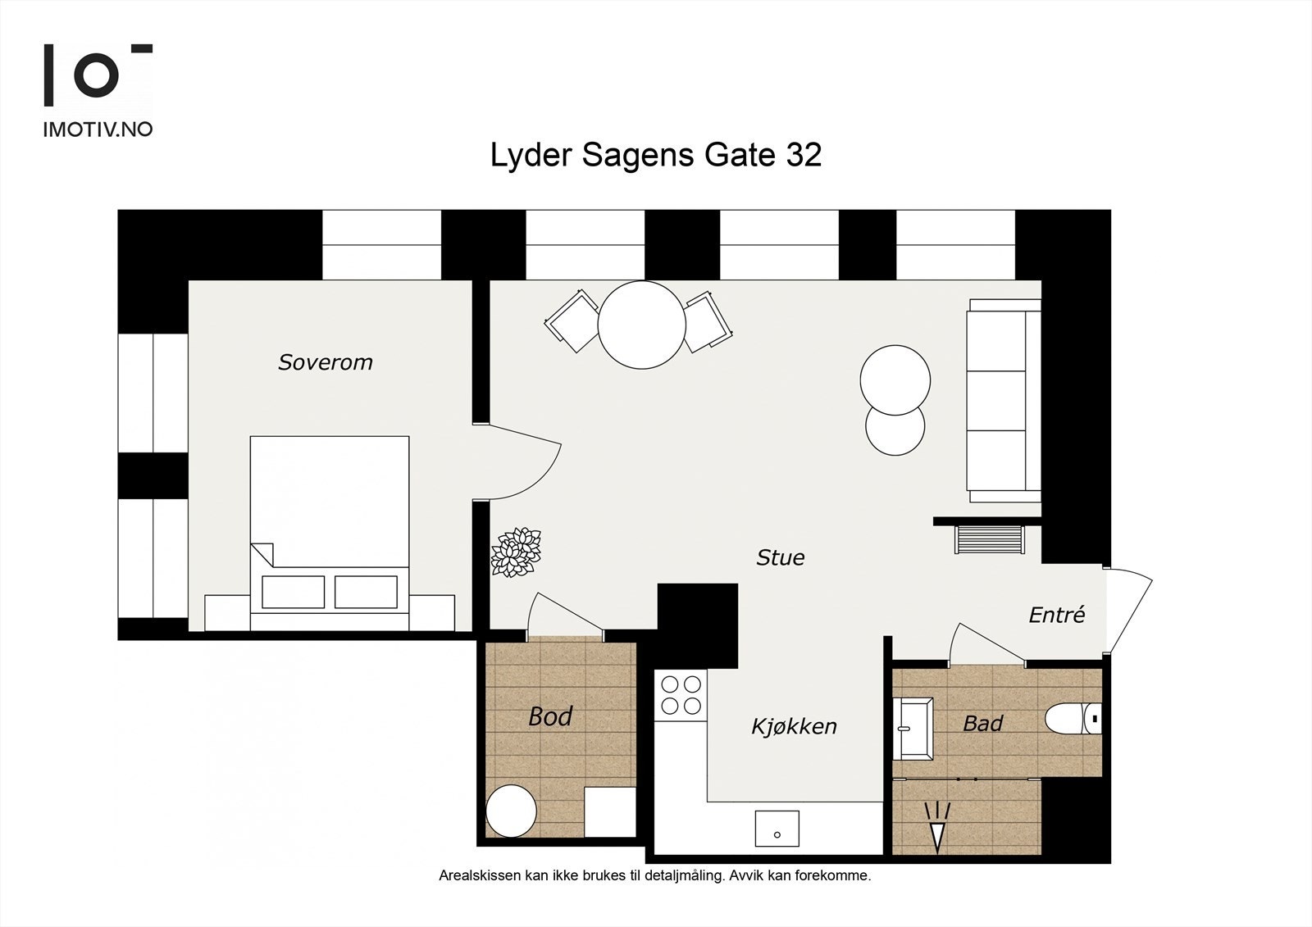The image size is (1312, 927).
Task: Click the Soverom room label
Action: (325, 362)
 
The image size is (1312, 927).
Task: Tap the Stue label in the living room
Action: (780, 557)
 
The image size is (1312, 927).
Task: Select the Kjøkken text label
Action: (794, 727)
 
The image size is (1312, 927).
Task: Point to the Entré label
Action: (1057, 614)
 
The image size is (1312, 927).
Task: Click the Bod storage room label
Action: (550, 716)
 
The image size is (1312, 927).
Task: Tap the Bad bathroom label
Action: (983, 723)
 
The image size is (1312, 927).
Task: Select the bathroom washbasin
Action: (913, 729)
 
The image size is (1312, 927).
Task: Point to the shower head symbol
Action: (937, 826)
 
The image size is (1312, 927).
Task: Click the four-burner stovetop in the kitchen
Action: (681, 695)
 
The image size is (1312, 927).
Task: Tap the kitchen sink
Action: (777, 828)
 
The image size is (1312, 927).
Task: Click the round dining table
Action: (641, 325)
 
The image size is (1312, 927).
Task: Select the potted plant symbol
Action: (516, 552)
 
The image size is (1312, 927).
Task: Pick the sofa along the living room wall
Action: (1004, 401)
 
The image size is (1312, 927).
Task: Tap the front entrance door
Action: (1128, 610)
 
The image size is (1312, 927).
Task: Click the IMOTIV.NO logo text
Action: (98, 130)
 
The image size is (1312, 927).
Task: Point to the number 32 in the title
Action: (804, 155)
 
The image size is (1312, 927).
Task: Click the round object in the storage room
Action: (512, 811)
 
